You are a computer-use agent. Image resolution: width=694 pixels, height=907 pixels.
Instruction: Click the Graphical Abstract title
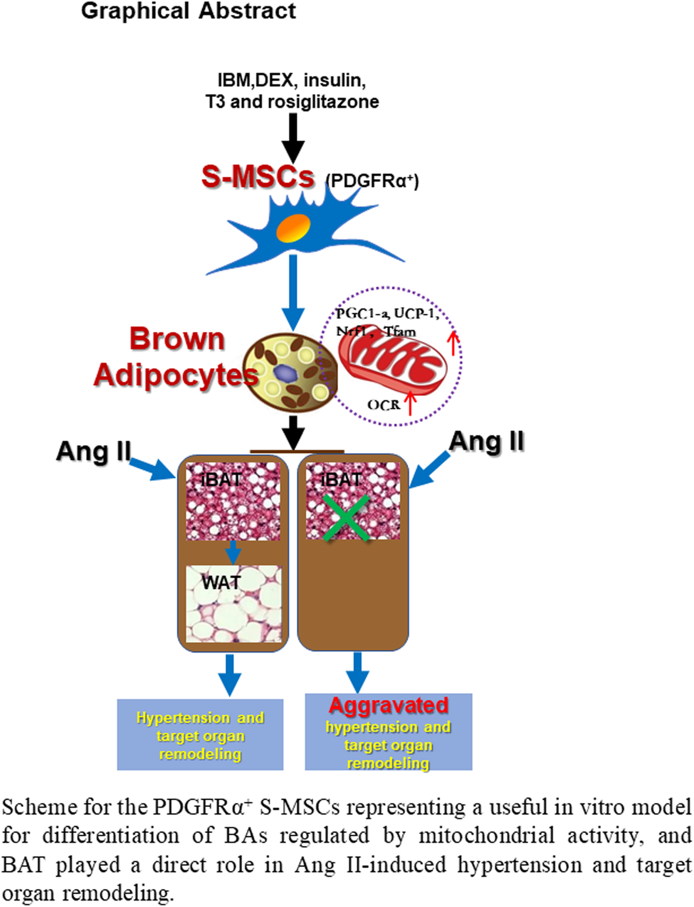(188, 11)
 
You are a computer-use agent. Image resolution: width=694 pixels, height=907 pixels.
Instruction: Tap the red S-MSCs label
(257, 176)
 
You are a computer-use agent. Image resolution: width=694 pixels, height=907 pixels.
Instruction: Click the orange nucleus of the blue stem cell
(294, 228)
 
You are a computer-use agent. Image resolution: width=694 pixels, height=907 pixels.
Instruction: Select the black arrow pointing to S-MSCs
(293, 137)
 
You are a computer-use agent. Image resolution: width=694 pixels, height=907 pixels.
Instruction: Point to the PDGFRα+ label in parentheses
(372, 180)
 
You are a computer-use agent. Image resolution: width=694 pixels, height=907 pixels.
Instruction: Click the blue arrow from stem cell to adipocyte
(293, 291)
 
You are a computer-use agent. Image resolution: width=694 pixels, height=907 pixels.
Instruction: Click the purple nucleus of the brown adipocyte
(285, 374)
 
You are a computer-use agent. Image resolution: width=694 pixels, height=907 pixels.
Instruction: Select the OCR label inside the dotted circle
(383, 405)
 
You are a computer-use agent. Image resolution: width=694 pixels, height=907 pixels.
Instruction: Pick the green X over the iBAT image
(346, 518)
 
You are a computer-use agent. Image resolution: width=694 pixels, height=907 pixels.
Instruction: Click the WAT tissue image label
(221, 582)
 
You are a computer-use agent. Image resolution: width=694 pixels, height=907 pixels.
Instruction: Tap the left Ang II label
(93, 451)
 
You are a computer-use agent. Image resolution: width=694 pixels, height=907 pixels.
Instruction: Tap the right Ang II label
(486, 441)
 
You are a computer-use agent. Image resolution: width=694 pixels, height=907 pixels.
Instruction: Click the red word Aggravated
(388, 705)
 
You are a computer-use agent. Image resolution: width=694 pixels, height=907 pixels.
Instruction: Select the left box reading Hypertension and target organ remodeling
(200, 735)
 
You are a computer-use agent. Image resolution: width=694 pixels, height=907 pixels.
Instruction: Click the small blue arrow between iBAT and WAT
(233, 552)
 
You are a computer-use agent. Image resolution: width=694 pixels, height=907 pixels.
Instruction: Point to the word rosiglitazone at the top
(323, 102)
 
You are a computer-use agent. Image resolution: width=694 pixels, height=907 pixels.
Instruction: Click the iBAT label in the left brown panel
(221, 479)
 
